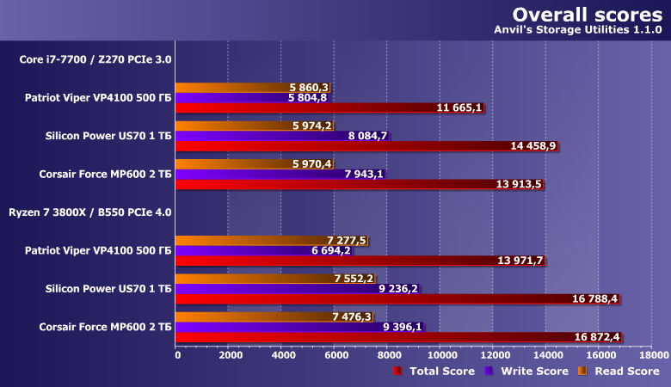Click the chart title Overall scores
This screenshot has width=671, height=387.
pos(587,15)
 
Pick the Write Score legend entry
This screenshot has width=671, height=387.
pos(527,371)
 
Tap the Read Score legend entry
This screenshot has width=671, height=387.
pos(619,371)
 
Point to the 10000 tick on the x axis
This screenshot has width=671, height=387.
pos(441,353)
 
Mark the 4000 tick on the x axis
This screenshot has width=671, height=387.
pos(282,353)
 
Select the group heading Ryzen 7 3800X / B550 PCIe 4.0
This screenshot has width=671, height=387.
pos(89,211)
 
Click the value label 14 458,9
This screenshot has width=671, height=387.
pos(533,146)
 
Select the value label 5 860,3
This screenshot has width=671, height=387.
pos(310,88)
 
